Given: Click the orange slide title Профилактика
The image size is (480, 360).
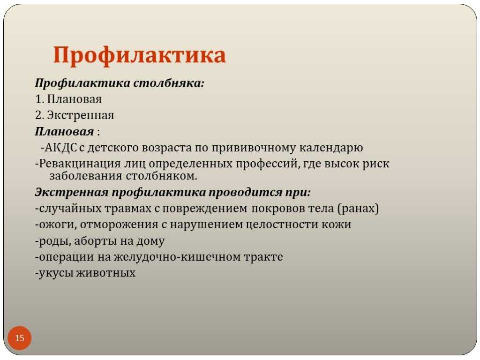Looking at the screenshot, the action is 140,55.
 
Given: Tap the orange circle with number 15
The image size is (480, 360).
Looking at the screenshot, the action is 19,338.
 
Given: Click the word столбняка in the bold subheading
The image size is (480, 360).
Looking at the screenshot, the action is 169,83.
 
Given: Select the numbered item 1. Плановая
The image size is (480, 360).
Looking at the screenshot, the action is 68,99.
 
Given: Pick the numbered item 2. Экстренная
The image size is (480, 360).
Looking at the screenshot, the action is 75,115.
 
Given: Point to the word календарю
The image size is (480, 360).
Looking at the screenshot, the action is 331,148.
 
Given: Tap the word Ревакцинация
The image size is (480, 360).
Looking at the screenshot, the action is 80,164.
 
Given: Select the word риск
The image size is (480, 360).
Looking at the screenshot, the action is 376,164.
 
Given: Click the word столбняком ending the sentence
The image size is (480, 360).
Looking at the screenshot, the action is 161,176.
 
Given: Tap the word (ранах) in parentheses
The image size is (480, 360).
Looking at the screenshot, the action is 358,209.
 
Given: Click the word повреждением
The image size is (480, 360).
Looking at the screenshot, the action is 204,209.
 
